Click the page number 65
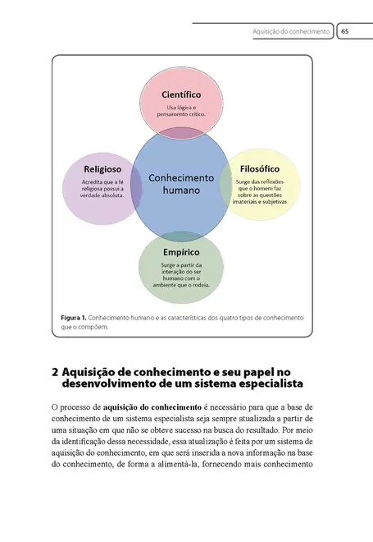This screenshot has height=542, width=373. coord(344,31)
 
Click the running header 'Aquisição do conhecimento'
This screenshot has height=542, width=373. coord(292,31)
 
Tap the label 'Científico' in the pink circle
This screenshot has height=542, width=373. coord(181,94)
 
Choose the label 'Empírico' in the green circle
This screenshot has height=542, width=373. coord(181,253)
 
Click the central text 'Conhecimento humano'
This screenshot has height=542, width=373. coord(181,183)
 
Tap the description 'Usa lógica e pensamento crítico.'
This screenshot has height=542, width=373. coord(181,113)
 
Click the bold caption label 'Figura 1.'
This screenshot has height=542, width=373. coord(73,317)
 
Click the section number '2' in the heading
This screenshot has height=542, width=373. coord(55,372)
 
